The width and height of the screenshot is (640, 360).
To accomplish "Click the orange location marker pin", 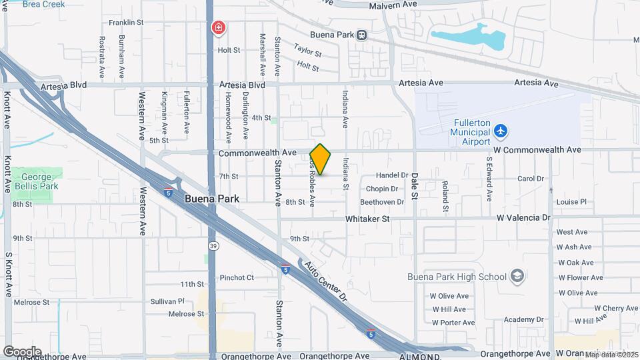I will click(320, 159).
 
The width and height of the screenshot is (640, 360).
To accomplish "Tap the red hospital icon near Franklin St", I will click(218, 28).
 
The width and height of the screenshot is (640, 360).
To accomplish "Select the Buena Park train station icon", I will click(361, 35).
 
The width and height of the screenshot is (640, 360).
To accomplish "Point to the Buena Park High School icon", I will click(517, 276).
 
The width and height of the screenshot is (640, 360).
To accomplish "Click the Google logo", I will click(22, 351).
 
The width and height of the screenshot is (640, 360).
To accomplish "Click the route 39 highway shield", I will click(213, 245).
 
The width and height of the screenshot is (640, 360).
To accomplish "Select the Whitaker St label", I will click(367, 219).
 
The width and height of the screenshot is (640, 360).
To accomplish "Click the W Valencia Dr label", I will click(523, 218).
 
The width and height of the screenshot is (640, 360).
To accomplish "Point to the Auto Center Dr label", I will click(326, 278).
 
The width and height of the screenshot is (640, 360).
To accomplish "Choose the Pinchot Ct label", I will click(237, 277).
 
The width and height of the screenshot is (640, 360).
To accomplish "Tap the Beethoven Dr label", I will click(382, 202).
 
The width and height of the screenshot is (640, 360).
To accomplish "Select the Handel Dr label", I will click(391, 175).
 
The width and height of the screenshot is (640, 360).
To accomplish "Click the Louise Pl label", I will click(571, 202).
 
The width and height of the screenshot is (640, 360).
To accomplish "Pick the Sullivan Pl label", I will click(167, 301).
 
